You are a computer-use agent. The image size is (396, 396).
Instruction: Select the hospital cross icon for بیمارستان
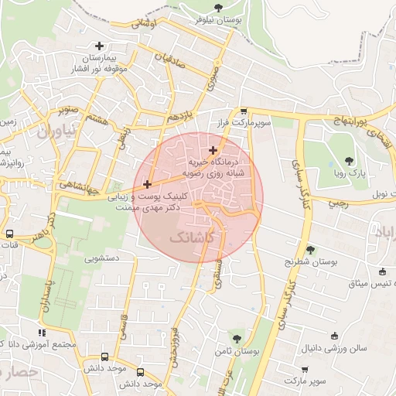pos(99,46)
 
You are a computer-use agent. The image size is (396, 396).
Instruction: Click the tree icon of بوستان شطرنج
pos(310,249)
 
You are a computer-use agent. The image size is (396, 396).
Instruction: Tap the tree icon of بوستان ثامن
pos(237,338)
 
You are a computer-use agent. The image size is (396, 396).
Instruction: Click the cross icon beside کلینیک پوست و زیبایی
pos(147,184)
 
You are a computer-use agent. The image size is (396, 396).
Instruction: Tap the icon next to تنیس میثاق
pos(382,271)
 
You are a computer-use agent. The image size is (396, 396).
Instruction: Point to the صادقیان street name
pos(171,63)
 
